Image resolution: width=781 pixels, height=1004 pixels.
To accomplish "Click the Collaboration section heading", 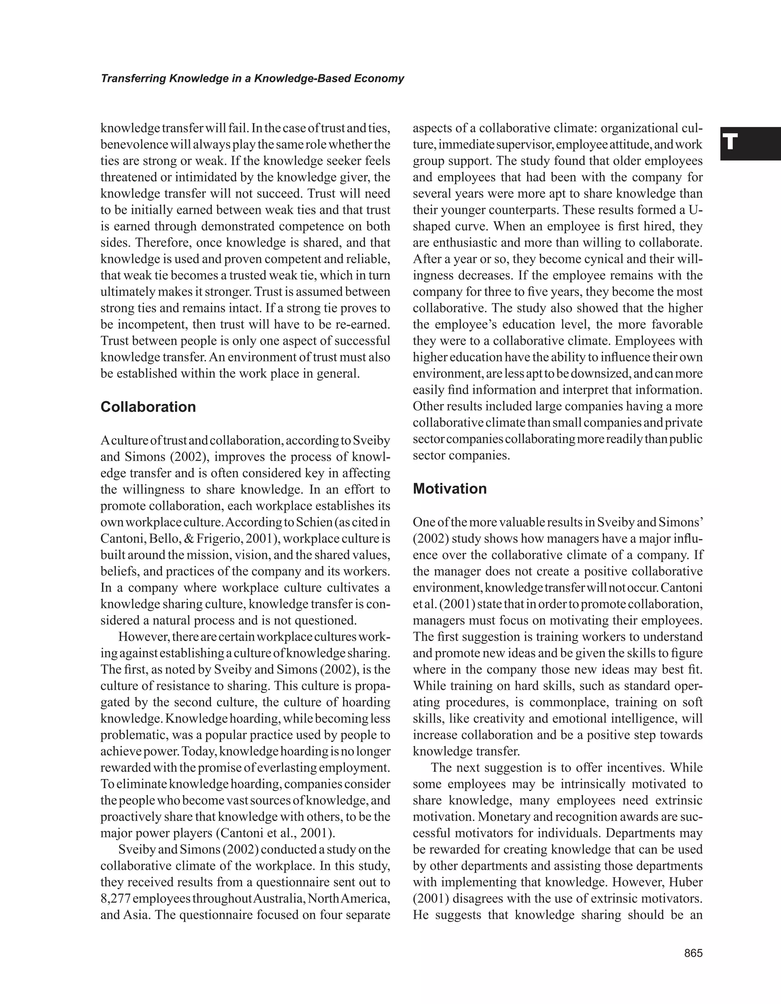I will tap(148, 407).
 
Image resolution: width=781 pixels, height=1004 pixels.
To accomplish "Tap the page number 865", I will tap(693, 953).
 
